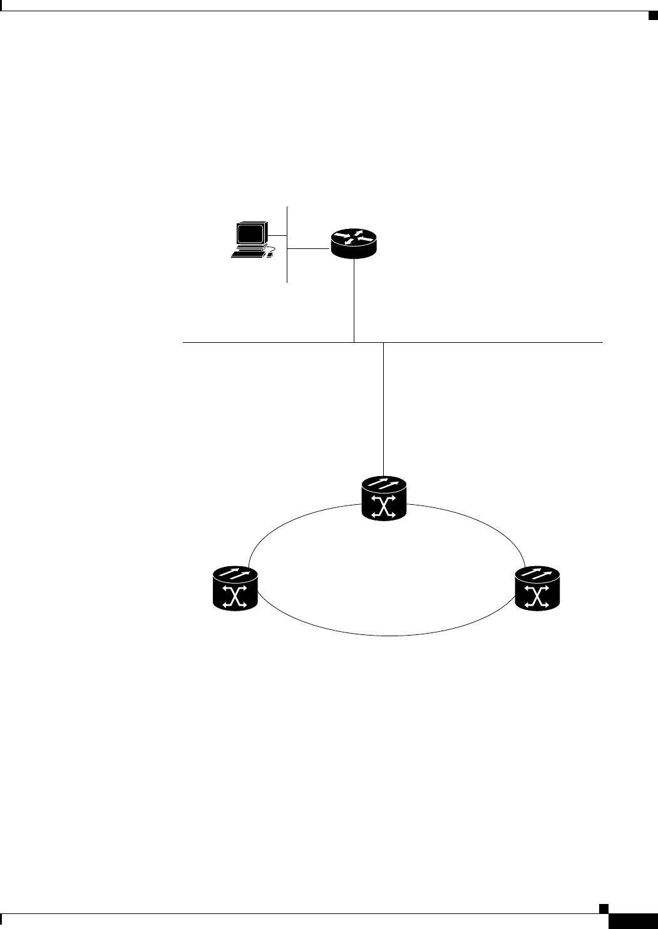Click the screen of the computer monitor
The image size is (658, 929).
tap(249, 234)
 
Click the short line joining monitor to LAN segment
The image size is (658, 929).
tap(277, 235)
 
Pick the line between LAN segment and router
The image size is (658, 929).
tap(309, 249)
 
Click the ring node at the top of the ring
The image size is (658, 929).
tap(384, 498)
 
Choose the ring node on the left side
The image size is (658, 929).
tap(235, 588)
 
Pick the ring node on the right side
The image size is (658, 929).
tap(537, 588)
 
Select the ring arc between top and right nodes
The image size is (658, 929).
tap(476, 522)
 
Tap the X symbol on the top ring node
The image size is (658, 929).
tap(384, 506)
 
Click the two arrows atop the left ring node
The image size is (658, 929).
tap(235, 574)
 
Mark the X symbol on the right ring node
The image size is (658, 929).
tap(537, 596)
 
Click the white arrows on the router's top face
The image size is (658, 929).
tap(354, 236)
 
